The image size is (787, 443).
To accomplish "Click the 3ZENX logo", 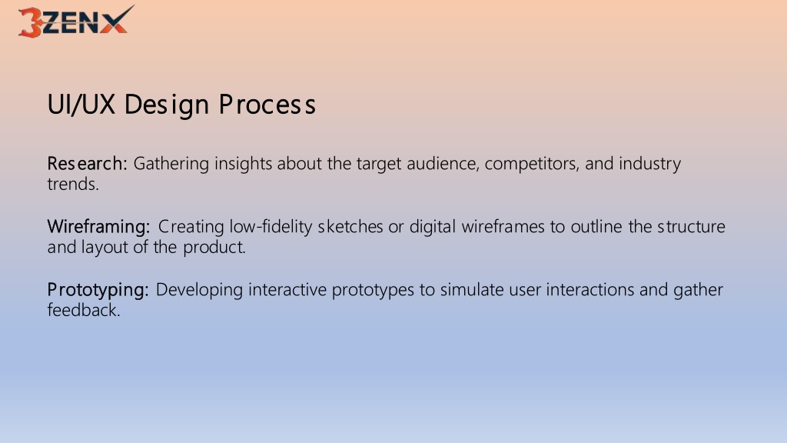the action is [76, 22].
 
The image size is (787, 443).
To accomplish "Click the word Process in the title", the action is [267, 105].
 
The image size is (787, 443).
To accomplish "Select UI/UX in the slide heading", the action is [81, 105].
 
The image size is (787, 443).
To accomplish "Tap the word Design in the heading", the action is [167, 105].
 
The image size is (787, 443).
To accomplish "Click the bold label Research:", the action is [88, 164].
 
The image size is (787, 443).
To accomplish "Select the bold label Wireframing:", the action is [98, 227].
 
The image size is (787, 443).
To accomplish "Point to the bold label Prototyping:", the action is [98, 290].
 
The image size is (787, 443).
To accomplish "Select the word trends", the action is [73, 185].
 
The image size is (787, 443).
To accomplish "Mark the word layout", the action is [105, 248].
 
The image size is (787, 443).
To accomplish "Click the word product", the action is [214, 248].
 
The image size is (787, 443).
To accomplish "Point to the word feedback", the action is [84, 310].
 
